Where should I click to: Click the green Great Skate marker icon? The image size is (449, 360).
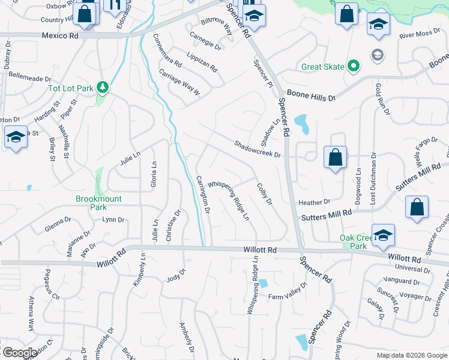click(354, 66)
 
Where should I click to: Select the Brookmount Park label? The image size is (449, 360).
click(98, 203)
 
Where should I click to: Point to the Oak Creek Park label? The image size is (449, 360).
click(353, 242)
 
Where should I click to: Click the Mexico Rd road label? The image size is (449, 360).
click(60, 35)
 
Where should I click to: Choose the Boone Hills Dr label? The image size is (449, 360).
click(311, 94)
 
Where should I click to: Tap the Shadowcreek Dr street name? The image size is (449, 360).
click(258, 149)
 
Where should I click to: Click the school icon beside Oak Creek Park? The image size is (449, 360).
click(382, 235)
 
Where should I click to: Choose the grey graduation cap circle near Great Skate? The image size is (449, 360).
click(377, 55)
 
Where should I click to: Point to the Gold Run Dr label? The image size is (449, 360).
click(382, 100)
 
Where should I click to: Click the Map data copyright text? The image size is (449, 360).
click(412, 355)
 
